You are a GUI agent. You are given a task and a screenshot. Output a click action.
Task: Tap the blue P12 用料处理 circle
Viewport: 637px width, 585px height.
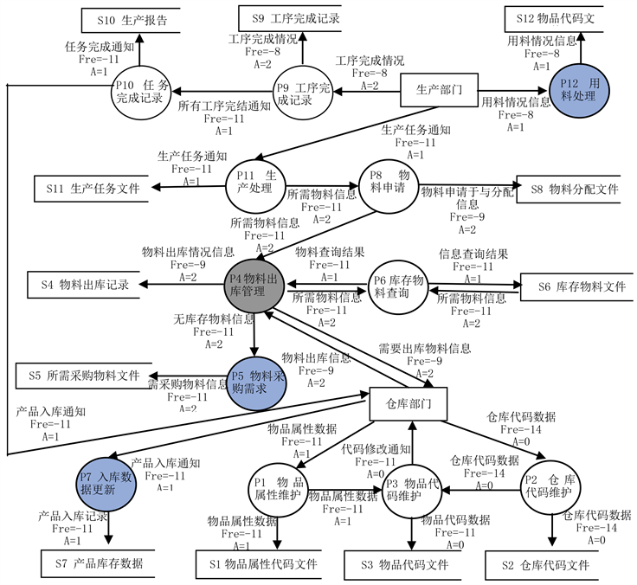click(581, 89)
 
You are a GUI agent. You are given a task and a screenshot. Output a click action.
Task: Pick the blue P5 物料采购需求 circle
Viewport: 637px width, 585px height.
click(256, 381)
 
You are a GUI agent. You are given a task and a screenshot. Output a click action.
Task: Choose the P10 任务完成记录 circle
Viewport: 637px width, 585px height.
click(142, 91)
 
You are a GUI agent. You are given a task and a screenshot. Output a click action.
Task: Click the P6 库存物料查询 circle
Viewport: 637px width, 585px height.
click(399, 286)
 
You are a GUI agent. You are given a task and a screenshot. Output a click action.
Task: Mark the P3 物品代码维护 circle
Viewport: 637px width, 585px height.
click(413, 489)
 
